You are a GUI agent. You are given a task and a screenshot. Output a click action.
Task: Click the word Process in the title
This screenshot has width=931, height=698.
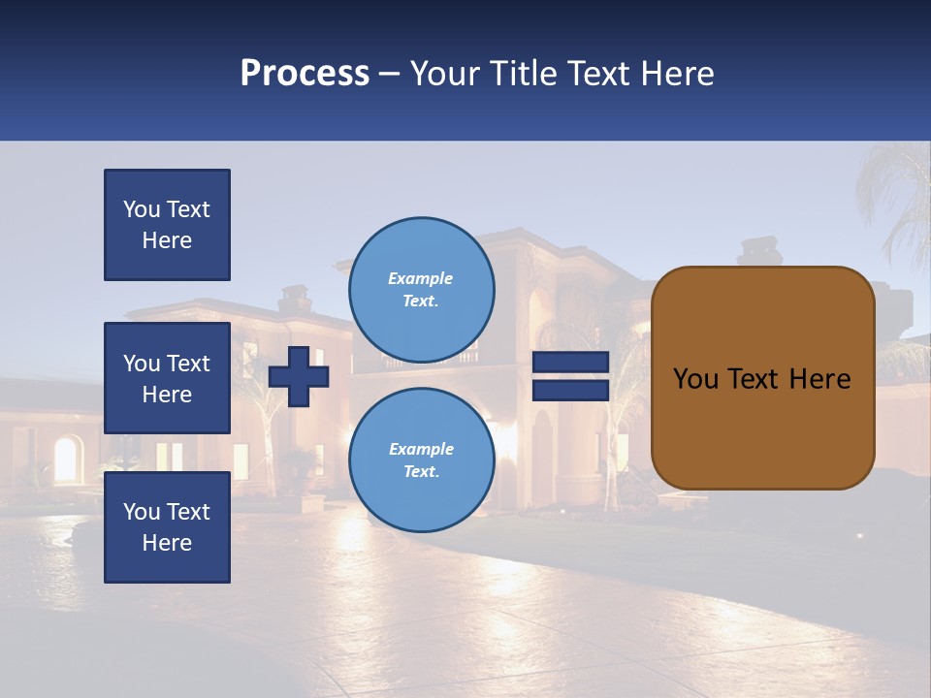pos(305,74)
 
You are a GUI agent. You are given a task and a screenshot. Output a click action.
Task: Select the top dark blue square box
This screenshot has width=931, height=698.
pos(167,225)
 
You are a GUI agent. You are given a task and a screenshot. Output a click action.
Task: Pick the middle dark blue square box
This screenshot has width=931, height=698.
pos(167,378)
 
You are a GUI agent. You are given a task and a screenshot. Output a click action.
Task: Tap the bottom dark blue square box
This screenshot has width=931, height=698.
pos(167,526)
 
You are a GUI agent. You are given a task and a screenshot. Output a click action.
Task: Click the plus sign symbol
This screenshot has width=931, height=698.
pos(299,376)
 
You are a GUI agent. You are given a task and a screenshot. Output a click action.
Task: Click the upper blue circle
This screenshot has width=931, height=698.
pos(421,289)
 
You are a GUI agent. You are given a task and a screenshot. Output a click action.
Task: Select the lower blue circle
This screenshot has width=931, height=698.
pos(421,460)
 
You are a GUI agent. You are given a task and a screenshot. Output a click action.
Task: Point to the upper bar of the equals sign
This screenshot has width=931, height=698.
pos(570,363)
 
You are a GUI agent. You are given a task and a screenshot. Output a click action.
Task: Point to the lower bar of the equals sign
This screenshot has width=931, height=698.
pos(570,391)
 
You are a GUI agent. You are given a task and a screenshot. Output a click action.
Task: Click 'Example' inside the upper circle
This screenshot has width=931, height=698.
pos(420,278)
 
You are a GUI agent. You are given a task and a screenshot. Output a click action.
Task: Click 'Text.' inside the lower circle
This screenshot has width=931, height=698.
pos(421,472)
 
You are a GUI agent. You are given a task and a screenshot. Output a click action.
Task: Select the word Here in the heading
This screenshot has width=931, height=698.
pos(678,74)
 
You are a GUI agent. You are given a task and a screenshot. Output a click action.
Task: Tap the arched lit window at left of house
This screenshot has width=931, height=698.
pos(66,460)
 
